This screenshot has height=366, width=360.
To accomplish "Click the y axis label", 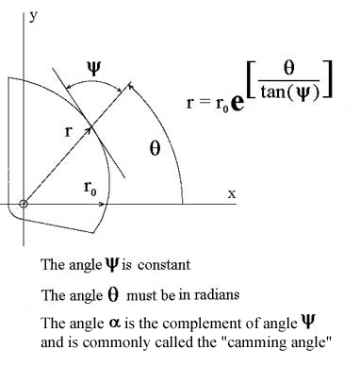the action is [x=33, y=17].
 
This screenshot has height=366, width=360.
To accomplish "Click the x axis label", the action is [x=232, y=194].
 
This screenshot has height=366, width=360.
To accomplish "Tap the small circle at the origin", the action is [x=24, y=204].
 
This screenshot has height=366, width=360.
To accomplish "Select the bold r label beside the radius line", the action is [x=68, y=131].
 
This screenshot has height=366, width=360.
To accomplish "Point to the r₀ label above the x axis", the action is [x=90, y=188].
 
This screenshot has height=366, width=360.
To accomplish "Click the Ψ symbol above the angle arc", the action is [x=93, y=69].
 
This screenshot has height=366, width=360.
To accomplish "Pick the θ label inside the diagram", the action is [x=155, y=149].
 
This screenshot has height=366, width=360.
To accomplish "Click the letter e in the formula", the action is [x=237, y=104].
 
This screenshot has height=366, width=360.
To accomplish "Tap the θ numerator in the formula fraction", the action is [x=288, y=69].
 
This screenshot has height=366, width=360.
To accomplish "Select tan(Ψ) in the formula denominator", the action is [x=290, y=92].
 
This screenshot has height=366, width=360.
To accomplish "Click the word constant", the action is [x=164, y=265].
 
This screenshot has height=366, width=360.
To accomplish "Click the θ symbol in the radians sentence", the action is [x=113, y=294].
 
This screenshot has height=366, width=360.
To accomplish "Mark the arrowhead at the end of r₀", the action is [x=102, y=205].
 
